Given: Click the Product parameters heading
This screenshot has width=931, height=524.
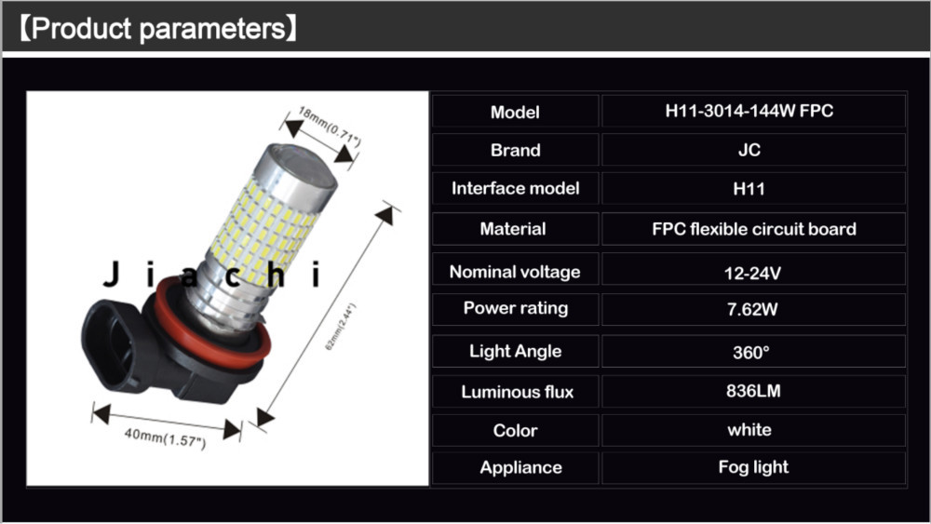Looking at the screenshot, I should click(x=158, y=29).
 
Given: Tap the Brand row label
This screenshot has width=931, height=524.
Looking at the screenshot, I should click(x=515, y=150).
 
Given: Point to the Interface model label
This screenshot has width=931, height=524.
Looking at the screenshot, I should click(x=515, y=188).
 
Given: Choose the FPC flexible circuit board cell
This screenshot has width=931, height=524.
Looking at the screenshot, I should click(x=753, y=228).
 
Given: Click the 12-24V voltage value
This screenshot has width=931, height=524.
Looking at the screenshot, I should click(x=752, y=272).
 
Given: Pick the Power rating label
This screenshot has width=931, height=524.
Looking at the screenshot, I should click(x=515, y=308).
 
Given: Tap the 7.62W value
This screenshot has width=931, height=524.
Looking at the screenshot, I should click(x=752, y=309).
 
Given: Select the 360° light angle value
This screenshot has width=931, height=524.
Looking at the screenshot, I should click(x=751, y=353).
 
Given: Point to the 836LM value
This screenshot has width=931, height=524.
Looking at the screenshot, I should click(x=752, y=391).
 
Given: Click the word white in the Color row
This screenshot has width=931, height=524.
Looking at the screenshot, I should click(x=749, y=430).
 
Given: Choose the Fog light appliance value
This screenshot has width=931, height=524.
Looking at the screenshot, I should click(x=753, y=467).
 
